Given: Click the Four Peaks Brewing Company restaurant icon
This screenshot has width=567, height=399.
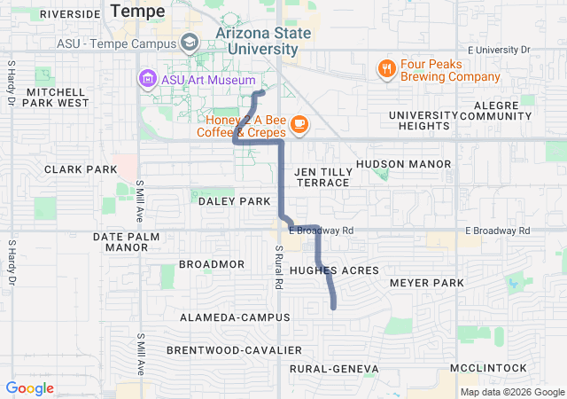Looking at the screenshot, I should [x=386, y=68].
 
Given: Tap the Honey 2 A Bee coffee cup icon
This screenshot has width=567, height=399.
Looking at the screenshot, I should [x=299, y=123].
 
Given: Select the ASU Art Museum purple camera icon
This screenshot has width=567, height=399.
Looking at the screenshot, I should [x=145, y=79].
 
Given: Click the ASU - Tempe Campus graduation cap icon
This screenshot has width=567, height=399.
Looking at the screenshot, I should [x=190, y=42].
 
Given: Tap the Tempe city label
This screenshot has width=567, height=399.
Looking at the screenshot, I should [x=137, y=11].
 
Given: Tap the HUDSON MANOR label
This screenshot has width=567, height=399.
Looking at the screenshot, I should [x=403, y=164].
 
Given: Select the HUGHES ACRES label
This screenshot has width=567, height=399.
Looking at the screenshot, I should [x=334, y=270].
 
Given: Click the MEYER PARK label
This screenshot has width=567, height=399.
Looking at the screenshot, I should [x=427, y=283].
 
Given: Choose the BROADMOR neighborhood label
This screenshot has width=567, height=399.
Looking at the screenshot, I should [x=211, y=264].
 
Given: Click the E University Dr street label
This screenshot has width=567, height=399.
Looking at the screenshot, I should [x=498, y=50].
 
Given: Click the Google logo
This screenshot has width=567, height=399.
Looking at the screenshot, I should [x=30, y=388].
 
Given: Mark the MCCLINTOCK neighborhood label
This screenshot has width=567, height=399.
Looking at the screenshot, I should [x=488, y=367].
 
